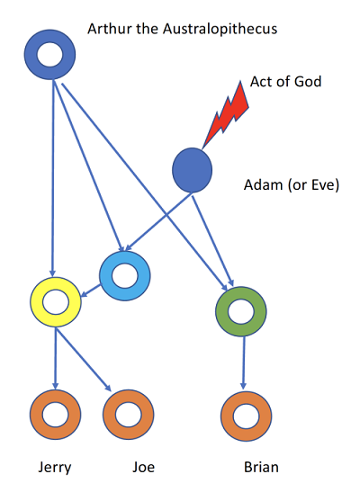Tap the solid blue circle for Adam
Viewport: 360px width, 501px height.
coord(192,170)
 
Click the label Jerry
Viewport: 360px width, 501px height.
coord(55,468)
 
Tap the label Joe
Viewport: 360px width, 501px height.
coord(144,467)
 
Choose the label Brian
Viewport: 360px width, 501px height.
coord(261,467)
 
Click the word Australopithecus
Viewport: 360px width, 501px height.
coord(220,29)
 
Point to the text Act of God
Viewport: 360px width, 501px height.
coord(285,82)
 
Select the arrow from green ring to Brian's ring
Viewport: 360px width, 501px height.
coord(244,363)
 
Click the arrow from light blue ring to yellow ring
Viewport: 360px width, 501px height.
coord(91,291)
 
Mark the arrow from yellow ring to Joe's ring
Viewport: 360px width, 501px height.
coord(83,360)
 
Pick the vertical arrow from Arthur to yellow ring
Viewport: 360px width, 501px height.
coord(54,178)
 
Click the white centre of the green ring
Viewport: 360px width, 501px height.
coord(240,311)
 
